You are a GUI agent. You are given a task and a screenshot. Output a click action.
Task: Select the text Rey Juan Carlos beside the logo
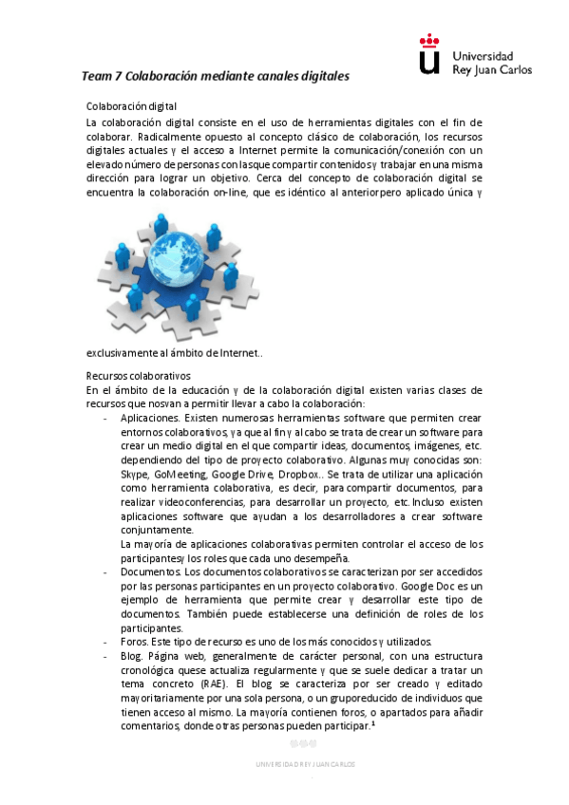point(492,69)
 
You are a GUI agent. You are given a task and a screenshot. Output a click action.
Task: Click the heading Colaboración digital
point(132,105)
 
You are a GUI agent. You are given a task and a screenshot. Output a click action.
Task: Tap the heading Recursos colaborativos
point(139,375)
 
